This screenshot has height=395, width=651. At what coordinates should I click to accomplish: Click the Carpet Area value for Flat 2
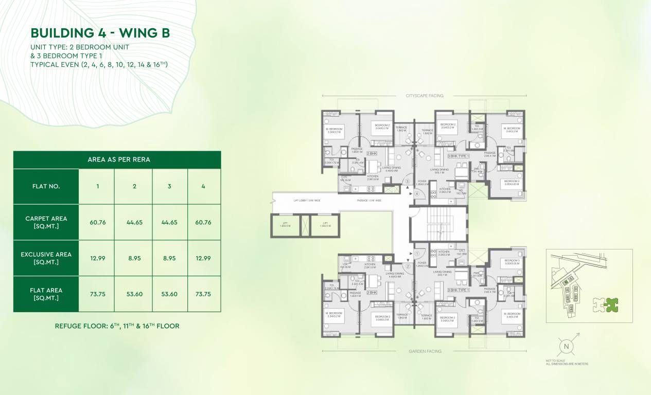click(x=134, y=222)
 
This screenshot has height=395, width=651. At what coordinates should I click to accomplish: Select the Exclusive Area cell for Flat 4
click(x=203, y=258)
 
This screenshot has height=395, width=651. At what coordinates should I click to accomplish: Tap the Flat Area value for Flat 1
click(x=97, y=294)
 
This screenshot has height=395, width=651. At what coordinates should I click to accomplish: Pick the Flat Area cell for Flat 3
click(x=169, y=294)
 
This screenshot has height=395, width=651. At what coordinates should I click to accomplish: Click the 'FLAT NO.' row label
click(x=46, y=186)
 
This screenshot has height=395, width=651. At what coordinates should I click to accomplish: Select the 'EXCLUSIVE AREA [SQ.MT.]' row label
click(x=46, y=258)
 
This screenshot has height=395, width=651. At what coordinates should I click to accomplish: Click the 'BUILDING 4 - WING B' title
click(x=100, y=33)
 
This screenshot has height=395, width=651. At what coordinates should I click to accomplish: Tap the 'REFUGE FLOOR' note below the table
click(x=117, y=326)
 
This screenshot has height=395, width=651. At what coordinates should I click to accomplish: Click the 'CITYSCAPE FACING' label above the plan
click(x=424, y=96)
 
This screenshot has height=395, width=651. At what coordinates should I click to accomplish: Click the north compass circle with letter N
click(x=566, y=346)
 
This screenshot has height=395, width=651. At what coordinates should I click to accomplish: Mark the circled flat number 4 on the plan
click(x=417, y=194)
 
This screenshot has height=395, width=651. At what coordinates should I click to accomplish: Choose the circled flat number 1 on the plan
click(x=416, y=254)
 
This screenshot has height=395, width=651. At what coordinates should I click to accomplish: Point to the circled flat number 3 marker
click(x=407, y=182)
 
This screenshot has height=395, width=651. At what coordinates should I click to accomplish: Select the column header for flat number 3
click(x=169, y=186)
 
